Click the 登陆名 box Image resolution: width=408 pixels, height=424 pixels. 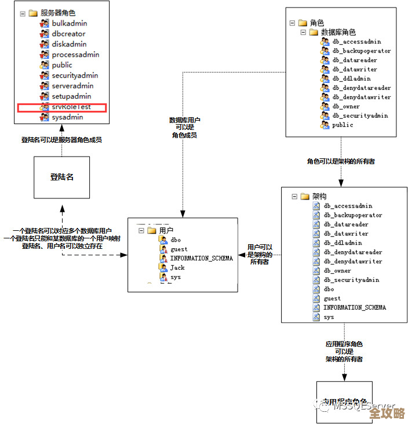(61, 177)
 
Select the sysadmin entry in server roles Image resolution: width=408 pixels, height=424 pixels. (67, 117)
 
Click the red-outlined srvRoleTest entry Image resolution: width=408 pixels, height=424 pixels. (71, 107)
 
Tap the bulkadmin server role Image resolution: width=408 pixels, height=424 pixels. (69, 23)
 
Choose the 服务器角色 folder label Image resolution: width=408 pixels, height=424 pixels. (57, 13)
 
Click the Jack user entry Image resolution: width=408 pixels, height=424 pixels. (177, 267)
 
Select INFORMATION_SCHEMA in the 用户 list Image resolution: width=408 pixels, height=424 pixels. (201, 258)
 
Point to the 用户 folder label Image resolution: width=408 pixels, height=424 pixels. (166, 230)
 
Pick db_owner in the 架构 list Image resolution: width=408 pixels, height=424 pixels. (337, 271)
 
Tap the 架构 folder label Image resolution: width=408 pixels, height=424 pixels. (319, 197)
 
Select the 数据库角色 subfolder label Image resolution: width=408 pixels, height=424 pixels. (338, 32)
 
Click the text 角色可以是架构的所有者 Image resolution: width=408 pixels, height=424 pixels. (341, 161)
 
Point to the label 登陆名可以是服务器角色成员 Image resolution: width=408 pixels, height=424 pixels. (61, 140)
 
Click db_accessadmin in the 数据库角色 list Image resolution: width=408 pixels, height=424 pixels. (356, 42)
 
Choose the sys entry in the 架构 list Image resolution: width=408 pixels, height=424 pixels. (329, 317)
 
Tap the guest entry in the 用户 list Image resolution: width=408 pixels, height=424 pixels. (178, 249)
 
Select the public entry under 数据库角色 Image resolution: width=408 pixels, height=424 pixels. (343, 125)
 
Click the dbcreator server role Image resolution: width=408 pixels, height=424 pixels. (68, 34)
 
